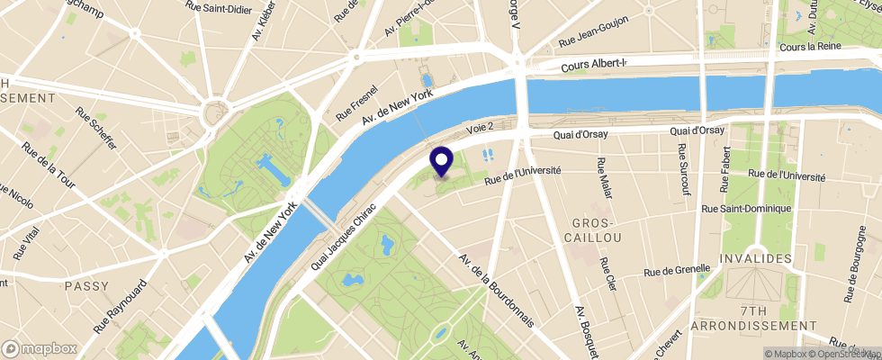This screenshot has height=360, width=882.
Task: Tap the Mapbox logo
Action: (x=40, y=348)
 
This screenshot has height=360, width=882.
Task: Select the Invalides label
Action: (x=755, y=258)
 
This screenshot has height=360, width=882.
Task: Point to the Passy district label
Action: (x=87, y=285)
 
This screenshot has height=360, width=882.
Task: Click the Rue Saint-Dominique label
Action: (x=746, y=209)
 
